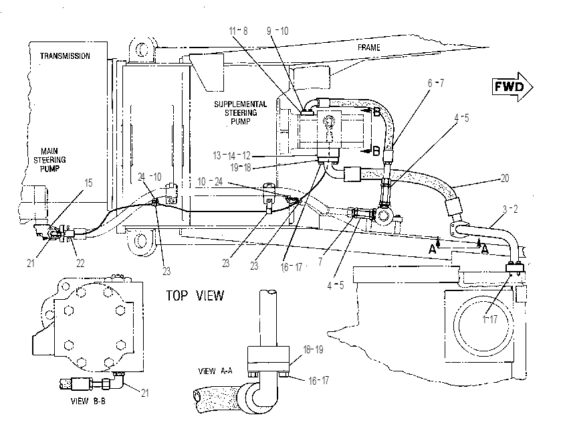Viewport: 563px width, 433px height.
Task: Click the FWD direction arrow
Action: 512,87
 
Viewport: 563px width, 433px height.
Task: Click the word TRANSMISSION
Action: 65,56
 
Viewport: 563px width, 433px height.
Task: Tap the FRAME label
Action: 368,48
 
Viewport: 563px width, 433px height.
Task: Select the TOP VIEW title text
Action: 195,296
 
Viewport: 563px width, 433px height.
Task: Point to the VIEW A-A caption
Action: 215,371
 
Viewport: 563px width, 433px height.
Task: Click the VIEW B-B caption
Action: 88,401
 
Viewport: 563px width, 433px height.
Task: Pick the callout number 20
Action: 505,178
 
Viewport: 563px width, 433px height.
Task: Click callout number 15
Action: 88,183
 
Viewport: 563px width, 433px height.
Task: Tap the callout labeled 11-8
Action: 238,31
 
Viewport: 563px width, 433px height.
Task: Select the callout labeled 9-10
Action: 277,31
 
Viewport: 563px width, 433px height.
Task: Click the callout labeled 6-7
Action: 436,83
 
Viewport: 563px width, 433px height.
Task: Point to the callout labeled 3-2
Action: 510,209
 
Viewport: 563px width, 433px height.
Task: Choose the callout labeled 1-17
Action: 490,319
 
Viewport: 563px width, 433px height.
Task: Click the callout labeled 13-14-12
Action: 231,155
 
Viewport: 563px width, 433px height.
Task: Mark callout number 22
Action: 80,264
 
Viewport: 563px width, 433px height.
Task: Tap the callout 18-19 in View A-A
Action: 313,349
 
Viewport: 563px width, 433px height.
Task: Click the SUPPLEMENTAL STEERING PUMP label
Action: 241,113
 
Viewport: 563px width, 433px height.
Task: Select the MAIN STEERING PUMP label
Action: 49,160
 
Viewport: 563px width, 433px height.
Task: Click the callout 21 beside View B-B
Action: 144,393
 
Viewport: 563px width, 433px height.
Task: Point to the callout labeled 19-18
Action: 240,167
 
